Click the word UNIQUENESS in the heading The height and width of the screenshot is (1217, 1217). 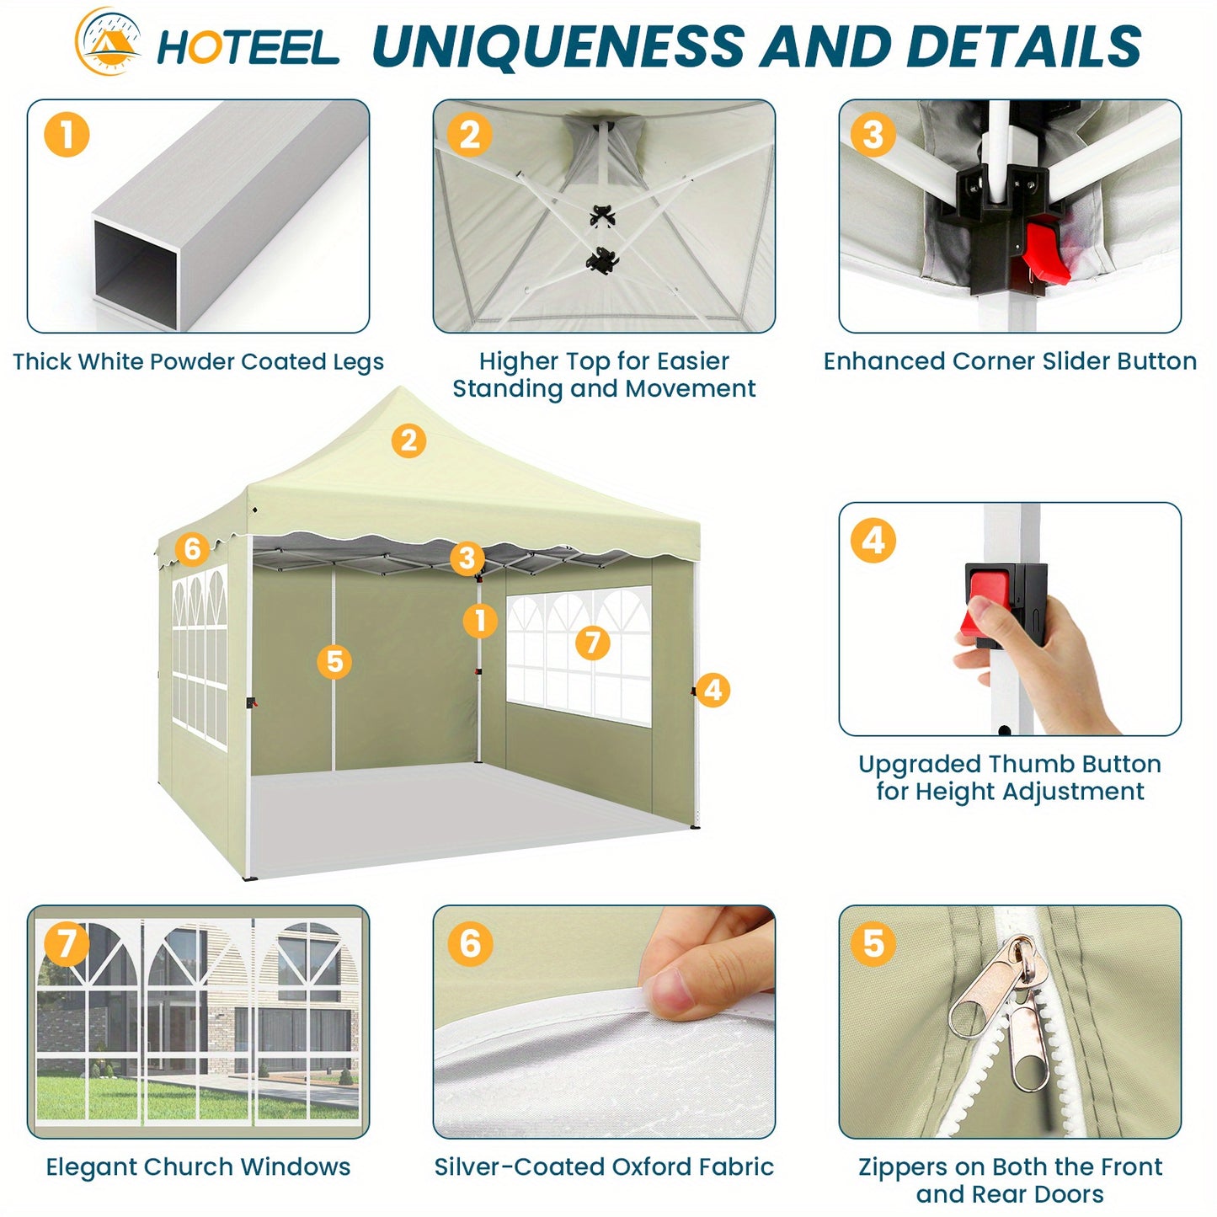pyautogui.click(x=558, y=46)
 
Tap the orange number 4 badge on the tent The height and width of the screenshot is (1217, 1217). pyautogui.click(x=713, y=690)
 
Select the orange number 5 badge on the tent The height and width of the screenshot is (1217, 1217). pyautogui.click(x=334, y=662)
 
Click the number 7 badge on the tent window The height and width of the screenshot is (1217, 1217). pyautogui.click(x=592, y=643)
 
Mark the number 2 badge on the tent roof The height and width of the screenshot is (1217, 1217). pyautogui.click(x=408, y=440)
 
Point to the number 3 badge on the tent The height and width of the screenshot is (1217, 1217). pyautogui.click(x=467, y=558)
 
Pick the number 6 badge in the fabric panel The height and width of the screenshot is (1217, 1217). pyautogui.click(x=471, y=943)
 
